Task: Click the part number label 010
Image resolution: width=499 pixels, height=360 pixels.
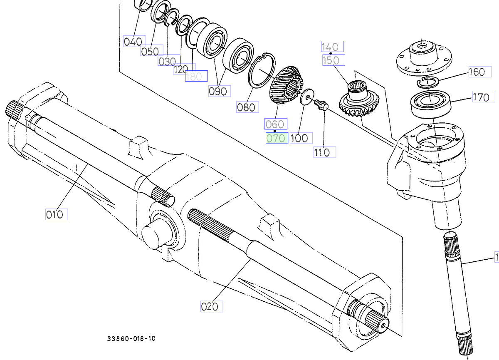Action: [56, 214]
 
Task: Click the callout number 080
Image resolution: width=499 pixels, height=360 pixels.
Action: [246, 107]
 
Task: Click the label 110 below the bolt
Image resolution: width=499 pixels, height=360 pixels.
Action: [324, 152]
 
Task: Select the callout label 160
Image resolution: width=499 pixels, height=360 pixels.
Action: [477, 72]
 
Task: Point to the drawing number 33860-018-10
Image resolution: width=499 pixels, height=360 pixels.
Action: [131, 339]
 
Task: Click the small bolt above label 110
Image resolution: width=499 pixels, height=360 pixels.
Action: [321, 104]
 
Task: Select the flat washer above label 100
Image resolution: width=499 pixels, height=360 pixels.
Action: [307, 97]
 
